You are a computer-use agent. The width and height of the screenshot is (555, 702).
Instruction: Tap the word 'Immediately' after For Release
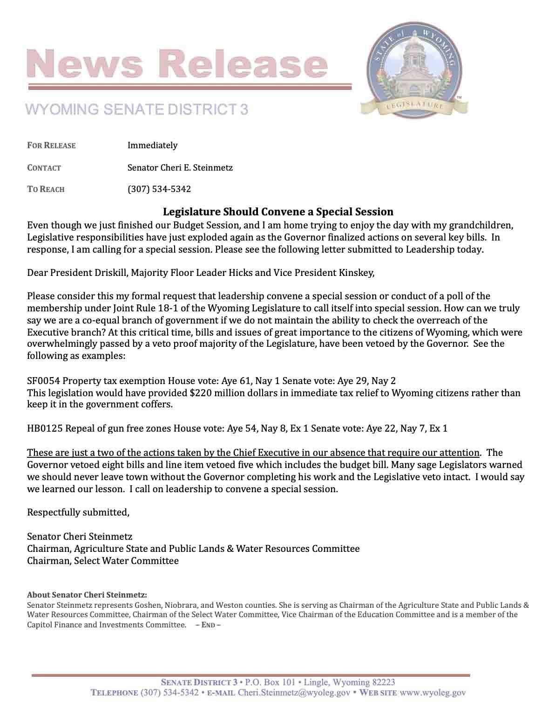(152, 145)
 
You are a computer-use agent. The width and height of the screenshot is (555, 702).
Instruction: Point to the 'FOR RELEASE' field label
(51, 145)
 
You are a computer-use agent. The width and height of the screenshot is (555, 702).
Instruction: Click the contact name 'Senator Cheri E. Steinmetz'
(180, 167)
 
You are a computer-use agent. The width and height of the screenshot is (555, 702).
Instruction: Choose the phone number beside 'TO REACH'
(159, 189)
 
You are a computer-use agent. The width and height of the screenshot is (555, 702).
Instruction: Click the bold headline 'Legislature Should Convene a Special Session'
(278, 212)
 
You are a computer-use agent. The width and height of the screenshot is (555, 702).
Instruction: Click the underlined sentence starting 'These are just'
(253, 453)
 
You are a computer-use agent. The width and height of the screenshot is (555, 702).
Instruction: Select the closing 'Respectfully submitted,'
(78, 512)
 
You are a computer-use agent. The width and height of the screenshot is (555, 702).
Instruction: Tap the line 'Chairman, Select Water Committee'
(102, 561)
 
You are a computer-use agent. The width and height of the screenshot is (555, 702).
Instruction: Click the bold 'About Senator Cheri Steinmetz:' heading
(87, 595)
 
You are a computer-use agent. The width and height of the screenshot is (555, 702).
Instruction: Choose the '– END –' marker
(208, 625)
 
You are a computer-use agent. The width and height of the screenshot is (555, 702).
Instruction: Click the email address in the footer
(293, 693)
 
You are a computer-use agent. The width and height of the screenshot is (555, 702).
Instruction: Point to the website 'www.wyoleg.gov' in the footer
(433, 693)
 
